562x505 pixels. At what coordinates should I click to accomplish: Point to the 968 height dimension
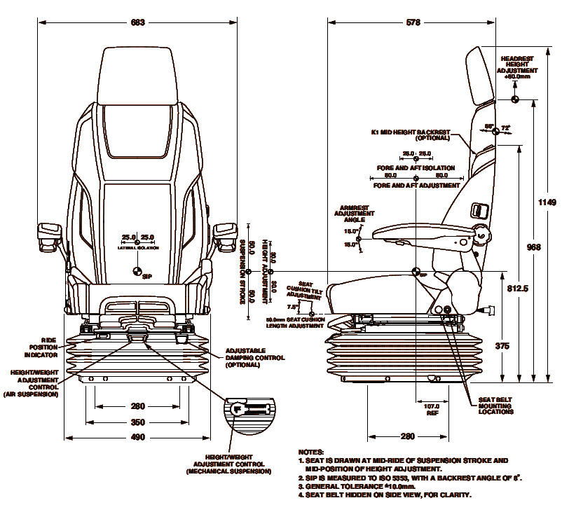point(534,247)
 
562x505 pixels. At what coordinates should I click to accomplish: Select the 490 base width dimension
point(137,438)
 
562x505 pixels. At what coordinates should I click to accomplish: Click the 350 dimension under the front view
point(137,422)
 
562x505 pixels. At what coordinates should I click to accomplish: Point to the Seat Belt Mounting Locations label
point(495,406)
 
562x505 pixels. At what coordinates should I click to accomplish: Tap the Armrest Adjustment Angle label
point(355,214)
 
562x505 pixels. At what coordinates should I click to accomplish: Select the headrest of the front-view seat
point(137,74)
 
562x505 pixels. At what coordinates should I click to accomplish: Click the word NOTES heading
point(310,452)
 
